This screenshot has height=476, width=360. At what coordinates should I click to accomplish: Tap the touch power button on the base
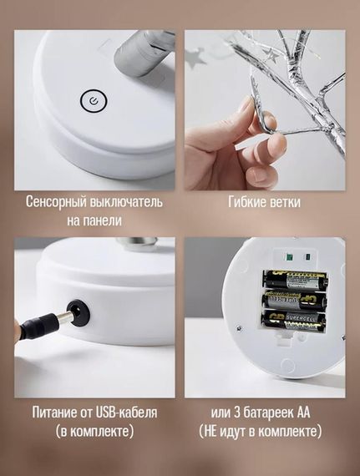(94, 100)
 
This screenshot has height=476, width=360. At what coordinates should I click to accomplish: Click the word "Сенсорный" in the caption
(56, 202)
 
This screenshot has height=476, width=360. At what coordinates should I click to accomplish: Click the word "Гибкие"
(246, 201)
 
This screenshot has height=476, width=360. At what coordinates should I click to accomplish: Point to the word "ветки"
(283, 202)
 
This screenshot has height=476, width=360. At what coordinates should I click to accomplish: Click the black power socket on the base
(79, 312)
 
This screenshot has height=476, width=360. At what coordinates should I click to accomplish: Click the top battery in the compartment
(296, 279)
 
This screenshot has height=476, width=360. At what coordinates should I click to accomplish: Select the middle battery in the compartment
(295, 299)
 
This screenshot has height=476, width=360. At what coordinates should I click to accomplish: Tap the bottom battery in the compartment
(293, 320)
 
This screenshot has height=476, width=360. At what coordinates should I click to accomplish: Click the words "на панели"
(94, 220)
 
